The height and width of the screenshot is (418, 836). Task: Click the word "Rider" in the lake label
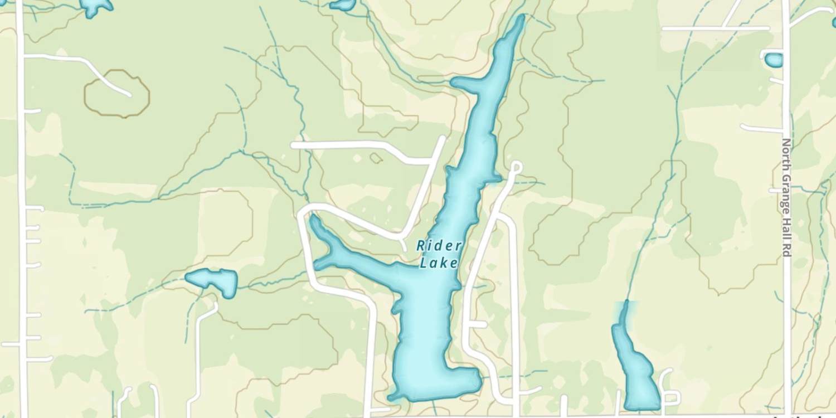click(x=439, y=246)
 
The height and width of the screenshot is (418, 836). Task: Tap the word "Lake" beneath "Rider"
click(x=439, y=263)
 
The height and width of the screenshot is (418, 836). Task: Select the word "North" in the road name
click(x=786, y=152)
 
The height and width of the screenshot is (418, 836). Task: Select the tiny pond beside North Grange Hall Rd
click(x=774, y=60)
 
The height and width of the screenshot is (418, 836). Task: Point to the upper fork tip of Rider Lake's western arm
click(x=313, y=218)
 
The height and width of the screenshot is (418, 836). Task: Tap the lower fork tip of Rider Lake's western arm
click(x=318, y=265)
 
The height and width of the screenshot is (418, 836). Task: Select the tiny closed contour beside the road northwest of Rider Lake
click(x=376, y=158)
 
